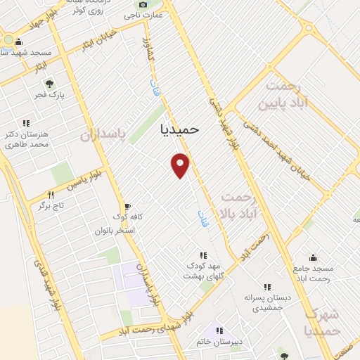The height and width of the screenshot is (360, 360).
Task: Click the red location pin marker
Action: point(181,165)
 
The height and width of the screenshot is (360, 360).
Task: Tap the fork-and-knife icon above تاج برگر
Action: point(51,194)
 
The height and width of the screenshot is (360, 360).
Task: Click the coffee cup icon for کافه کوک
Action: point(127,207)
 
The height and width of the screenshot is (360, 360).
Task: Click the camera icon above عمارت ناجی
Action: point(143,4)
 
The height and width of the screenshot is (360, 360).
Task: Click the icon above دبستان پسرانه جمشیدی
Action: point(266,287)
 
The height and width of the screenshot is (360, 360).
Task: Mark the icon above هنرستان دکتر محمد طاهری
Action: point(26,123)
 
